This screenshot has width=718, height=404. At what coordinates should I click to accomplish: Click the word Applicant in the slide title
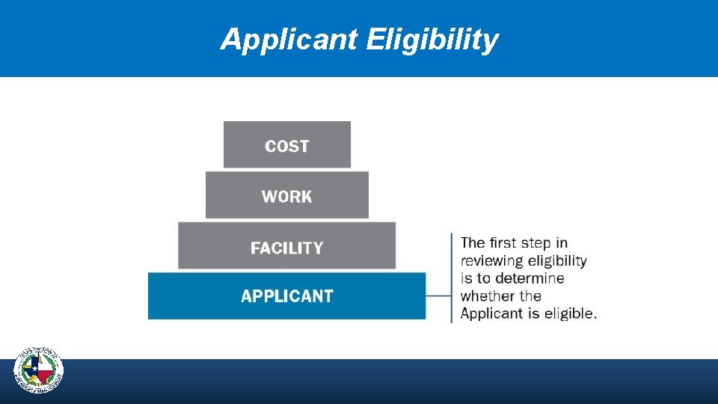coord(289,40)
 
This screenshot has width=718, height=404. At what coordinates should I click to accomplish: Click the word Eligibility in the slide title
coord(432,40)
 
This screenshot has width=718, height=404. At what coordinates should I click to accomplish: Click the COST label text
coord(287,146)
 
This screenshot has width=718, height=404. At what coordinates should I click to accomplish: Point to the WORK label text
coord(287,197)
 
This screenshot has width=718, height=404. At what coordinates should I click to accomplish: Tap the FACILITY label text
coord(287,248)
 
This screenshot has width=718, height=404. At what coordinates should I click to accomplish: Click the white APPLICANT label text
coord(287,296)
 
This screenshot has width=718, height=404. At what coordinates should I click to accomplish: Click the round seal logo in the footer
coord(39,371)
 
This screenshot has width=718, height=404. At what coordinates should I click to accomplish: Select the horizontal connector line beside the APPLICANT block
coord(438,296)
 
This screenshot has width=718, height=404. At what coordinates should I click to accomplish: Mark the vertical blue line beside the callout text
coord(452,278)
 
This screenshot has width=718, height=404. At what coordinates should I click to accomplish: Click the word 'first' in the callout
coord(503,242)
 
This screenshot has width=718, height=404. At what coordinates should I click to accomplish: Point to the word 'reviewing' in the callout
coord(491,260)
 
